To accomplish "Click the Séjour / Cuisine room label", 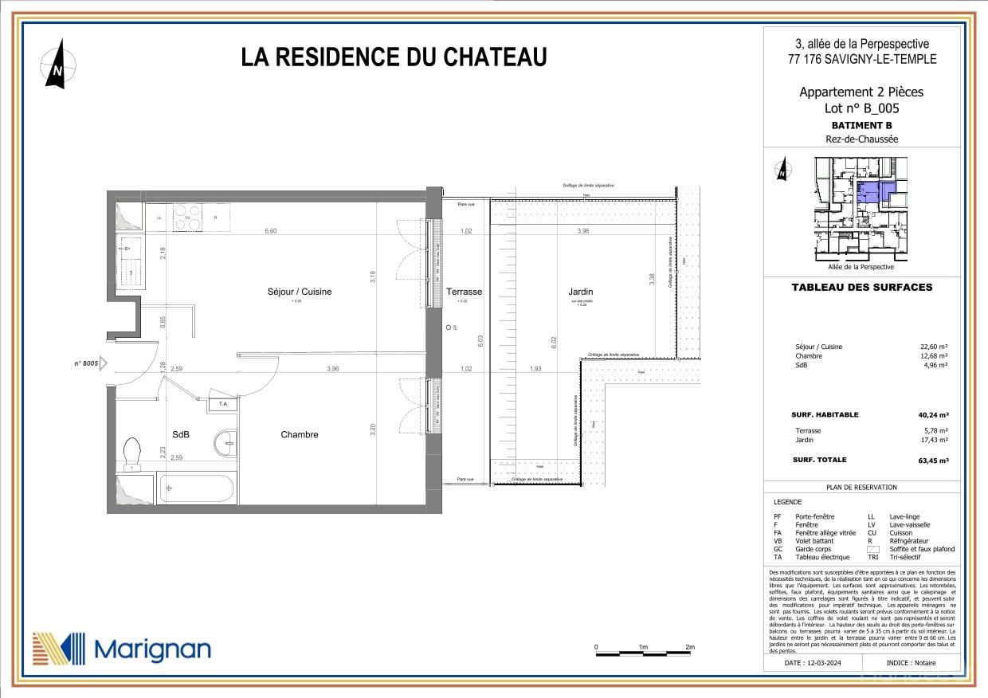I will (300, 292).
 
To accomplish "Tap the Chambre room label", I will (300, 434).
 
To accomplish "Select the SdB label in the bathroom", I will (181, 434).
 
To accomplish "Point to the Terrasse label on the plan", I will (465, 292).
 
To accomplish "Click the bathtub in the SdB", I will (197, 488).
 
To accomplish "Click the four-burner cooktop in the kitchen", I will (188, 218).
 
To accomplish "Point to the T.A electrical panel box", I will (222, 405).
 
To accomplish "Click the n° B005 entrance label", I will (85, 363).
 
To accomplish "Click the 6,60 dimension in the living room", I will (271, 231).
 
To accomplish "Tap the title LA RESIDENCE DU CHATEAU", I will (394, 57).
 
